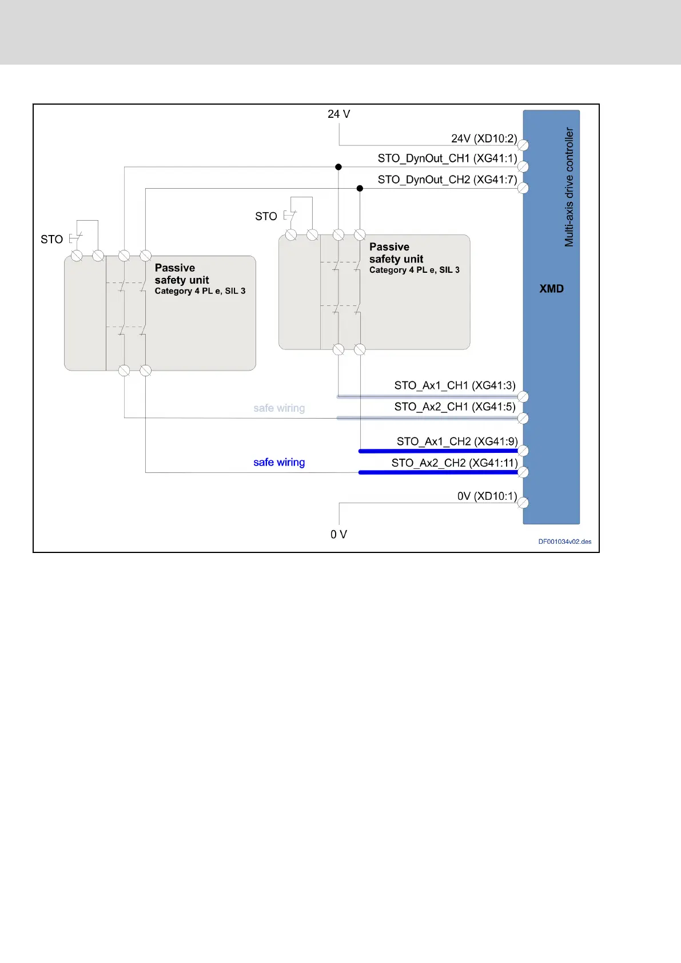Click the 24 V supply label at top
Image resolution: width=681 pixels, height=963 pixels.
[338, 114]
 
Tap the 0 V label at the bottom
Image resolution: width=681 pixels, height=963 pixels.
[338, 535]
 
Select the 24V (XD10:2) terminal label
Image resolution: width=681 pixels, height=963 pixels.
[484, 138]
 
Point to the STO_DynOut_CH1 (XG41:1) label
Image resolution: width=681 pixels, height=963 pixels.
[447, 158]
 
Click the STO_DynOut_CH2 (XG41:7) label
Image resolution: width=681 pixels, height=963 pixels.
[447, 180]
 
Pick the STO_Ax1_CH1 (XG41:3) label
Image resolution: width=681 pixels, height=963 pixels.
[455, 385]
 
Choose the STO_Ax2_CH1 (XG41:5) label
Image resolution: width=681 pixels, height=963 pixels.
[455, 407]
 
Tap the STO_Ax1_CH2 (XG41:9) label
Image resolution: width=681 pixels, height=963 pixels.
[457, 441]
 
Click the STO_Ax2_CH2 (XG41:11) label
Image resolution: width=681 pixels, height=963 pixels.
[455, 463]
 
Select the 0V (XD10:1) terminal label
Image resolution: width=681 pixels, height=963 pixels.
[487, 496]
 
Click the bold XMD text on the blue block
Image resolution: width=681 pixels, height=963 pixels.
[551, 289]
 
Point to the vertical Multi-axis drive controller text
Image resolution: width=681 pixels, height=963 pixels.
[569, 187]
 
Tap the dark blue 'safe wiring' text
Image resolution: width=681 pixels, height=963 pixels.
[279, 462]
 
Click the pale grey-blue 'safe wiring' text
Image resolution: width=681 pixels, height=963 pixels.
[279, 408]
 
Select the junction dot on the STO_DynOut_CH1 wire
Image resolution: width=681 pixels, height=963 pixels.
[338, 167]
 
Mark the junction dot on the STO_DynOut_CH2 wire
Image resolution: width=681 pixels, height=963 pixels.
[360, 188]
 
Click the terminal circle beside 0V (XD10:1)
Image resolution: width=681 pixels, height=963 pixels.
[523, 503]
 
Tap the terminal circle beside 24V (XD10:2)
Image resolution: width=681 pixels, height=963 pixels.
[523, 145]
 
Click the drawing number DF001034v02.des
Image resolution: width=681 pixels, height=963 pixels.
[564, 542]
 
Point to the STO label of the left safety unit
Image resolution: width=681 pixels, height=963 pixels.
[51, 240]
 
